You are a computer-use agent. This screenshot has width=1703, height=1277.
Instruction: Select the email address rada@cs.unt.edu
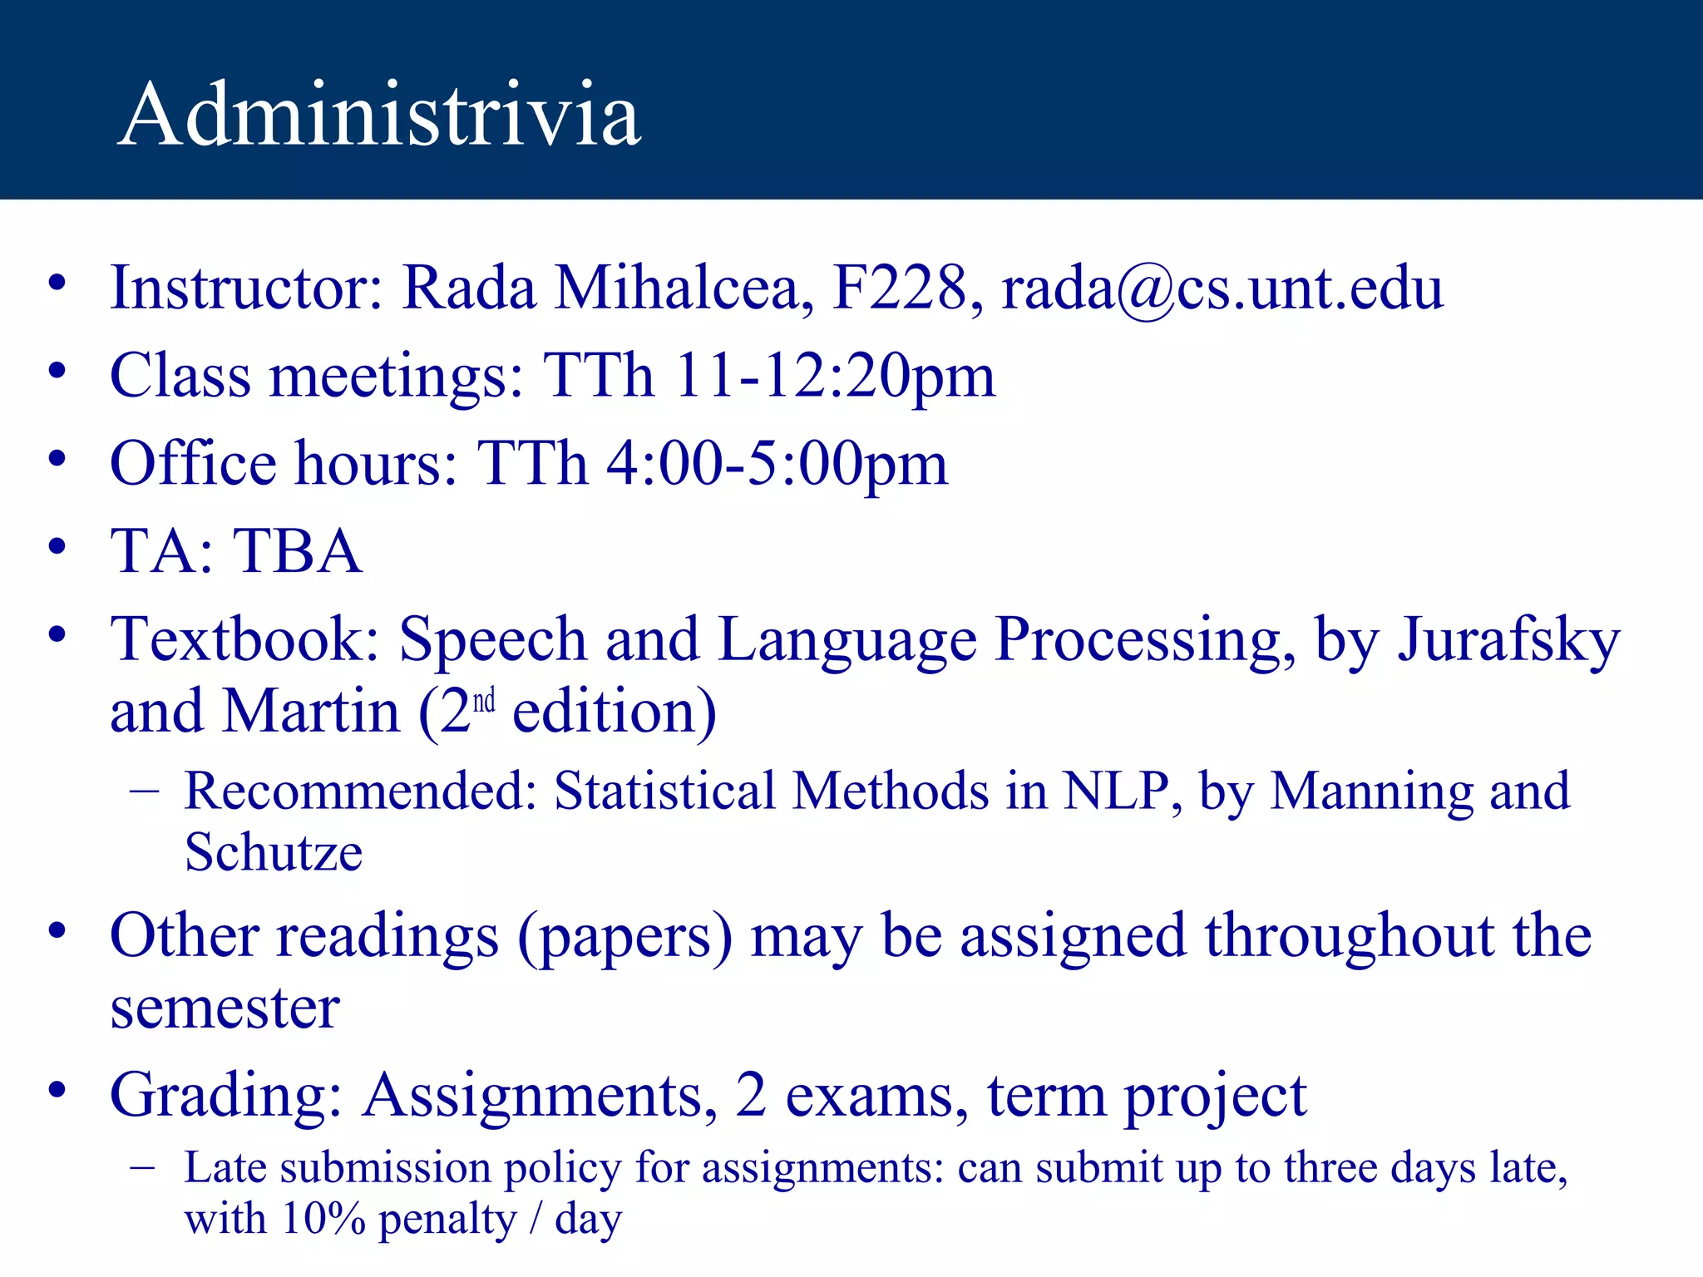pos(1222,288)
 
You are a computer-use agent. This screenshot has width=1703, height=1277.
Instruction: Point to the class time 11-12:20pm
pos(834,376)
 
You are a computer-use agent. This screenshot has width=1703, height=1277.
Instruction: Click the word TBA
pos(297,551)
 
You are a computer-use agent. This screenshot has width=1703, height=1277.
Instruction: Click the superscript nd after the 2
pos(484,702)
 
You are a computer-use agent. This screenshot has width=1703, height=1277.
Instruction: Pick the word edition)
pos(614,712)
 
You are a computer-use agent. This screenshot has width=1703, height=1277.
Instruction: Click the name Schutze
pos(274,853)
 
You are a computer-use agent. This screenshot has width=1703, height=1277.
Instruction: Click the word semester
pos(225,1008)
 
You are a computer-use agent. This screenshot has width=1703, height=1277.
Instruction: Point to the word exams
pos(876,1097)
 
